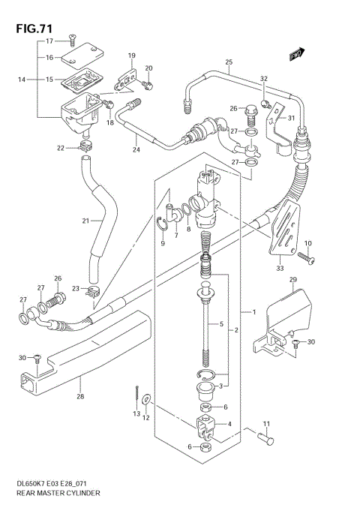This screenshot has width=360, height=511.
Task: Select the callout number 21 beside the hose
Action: [86, 221]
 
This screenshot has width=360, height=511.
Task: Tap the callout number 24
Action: [136, 149]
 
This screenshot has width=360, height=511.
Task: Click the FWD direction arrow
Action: [296, 54]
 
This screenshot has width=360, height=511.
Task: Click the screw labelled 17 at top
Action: [73, 36]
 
